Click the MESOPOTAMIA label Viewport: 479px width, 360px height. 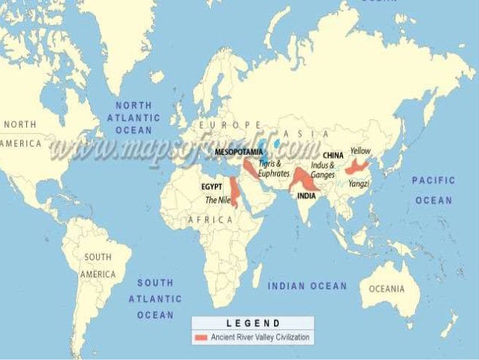(x=238, y=152)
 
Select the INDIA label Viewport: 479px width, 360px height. (x=306, y=195)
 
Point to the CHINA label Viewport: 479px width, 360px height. (x=333, y=156)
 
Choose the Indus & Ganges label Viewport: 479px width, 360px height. (x=322, y=169)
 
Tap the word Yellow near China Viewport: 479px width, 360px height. (x=360, y=150)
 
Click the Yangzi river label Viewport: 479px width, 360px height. (x=358, y=183)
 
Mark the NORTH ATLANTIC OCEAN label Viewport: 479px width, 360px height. (x=133, y=118)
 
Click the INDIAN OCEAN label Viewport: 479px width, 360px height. (x=308, y=286)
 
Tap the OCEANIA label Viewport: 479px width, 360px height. (x=386, y=289)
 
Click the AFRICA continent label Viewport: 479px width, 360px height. (x=210, y=219)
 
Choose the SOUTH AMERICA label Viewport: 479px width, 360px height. (x=98, y=266)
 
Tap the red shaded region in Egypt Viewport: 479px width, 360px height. (x=234, y=194)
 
